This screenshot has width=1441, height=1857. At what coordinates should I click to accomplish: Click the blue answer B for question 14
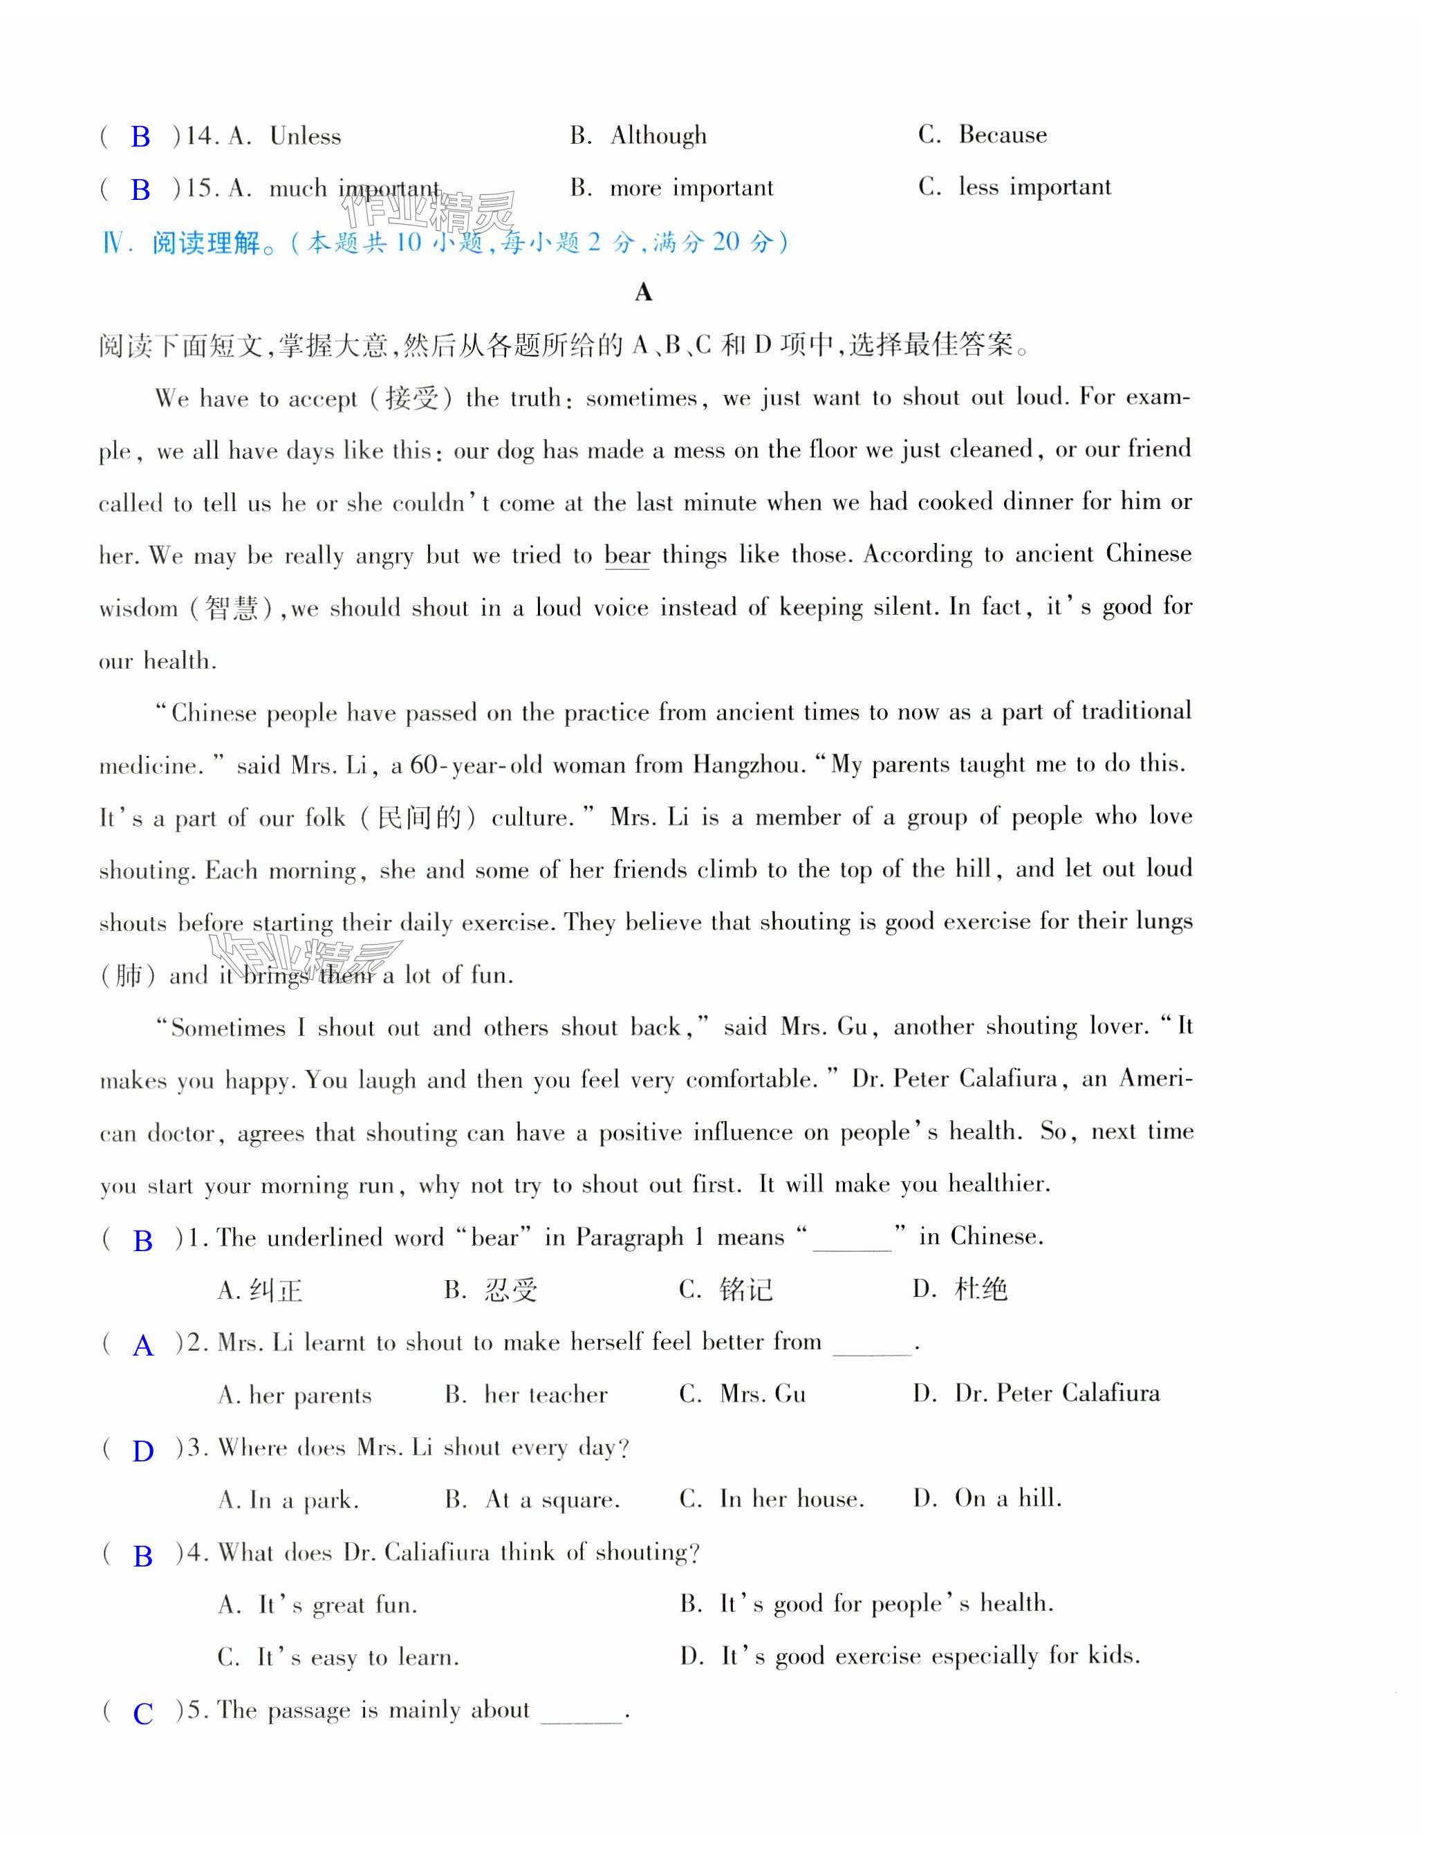(140, 137)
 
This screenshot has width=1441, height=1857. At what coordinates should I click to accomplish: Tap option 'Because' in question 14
(1003, 134)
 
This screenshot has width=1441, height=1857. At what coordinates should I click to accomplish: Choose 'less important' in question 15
(1034, 187)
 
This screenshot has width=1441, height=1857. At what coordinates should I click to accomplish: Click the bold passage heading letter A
(644, 293)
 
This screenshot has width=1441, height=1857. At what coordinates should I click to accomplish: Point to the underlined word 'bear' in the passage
(626, 555)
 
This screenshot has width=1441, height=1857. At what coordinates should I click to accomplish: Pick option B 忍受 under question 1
(510, 1291)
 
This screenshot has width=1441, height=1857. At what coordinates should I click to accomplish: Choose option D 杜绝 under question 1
(980, 1289)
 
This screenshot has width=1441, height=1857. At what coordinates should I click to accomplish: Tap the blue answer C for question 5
(143, 1713)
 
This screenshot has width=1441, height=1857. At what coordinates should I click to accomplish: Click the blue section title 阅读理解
(207, 243)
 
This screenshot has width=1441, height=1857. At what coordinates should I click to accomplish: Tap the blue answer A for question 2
(143, 1346)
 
